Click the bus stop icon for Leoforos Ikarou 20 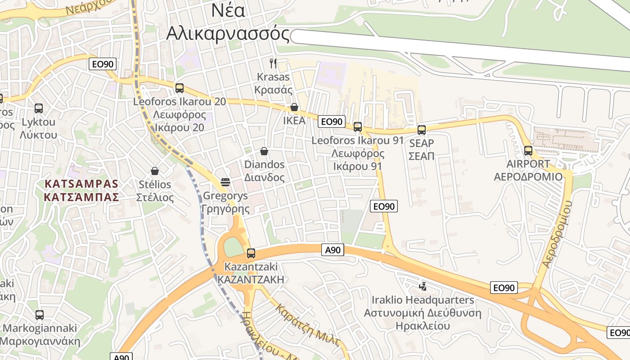[x=180, y=88]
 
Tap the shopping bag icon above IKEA [x=294, y=107]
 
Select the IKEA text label [x=294, y=121]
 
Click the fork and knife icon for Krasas [x=273, y=63]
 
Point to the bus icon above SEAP [x=422, y=130]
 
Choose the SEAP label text [x=422, y=144]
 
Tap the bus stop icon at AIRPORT [x=528, y=151]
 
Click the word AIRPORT [x=528, y=164]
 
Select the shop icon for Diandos [x=264, y=151]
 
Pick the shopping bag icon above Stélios [x=155, y=171]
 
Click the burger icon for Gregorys [x=225, y=182]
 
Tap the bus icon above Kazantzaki [x=251, y=253]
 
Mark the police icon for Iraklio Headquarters [x=423, y=286]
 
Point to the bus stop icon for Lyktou [x=39, y=108]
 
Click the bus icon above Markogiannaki [x=40, y=315]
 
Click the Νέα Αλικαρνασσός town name [x=229, y=22]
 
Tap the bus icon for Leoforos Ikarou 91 [x=358, y=127]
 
